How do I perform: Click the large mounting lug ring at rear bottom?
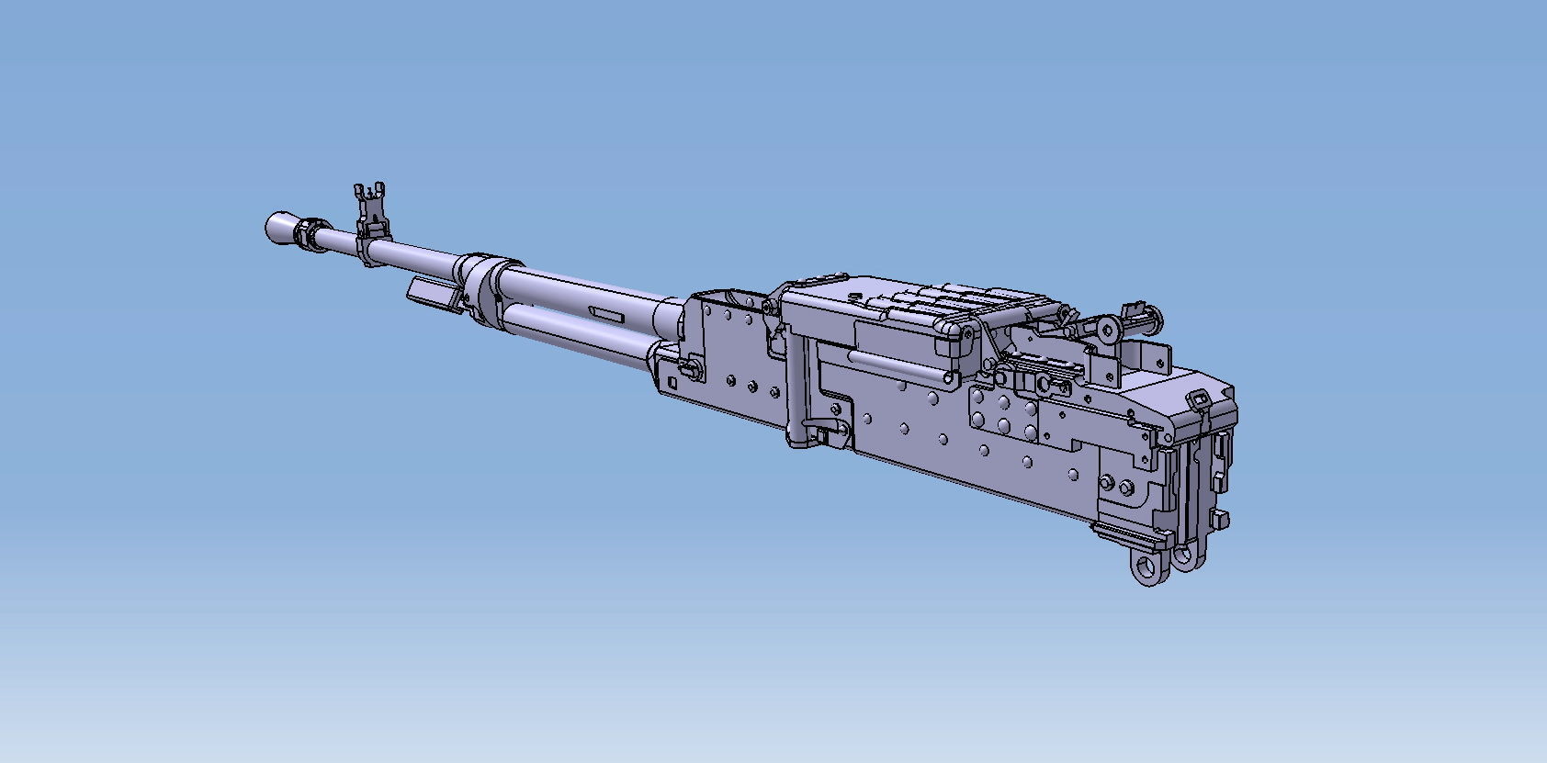coord(1147,567)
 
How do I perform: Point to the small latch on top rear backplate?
coord(1199,398)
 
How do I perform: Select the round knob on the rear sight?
coord(1110,328)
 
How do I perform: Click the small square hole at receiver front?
coord(672,381)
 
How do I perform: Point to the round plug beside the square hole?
coord(691,369)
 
